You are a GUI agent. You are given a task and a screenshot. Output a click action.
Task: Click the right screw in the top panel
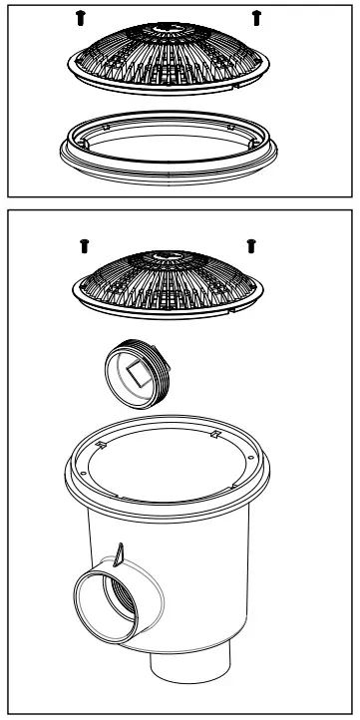click(257, 17)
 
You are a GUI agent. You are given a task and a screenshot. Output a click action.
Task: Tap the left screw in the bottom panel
click(83, 243)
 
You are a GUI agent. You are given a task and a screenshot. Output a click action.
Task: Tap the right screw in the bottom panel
click(251, 243)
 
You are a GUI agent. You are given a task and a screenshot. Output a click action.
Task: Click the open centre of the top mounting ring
click(168, 140)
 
